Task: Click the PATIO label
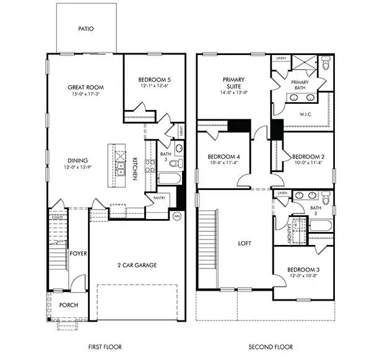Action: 86,28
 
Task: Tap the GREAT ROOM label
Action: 85,88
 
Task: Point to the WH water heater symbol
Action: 177,216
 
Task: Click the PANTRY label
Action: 158,199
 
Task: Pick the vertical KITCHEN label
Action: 135,168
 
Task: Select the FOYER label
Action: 78,252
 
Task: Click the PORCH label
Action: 69,306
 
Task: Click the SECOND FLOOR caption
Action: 271,347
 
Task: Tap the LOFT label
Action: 245,243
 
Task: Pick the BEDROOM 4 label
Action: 224,156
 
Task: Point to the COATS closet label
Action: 58,217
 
